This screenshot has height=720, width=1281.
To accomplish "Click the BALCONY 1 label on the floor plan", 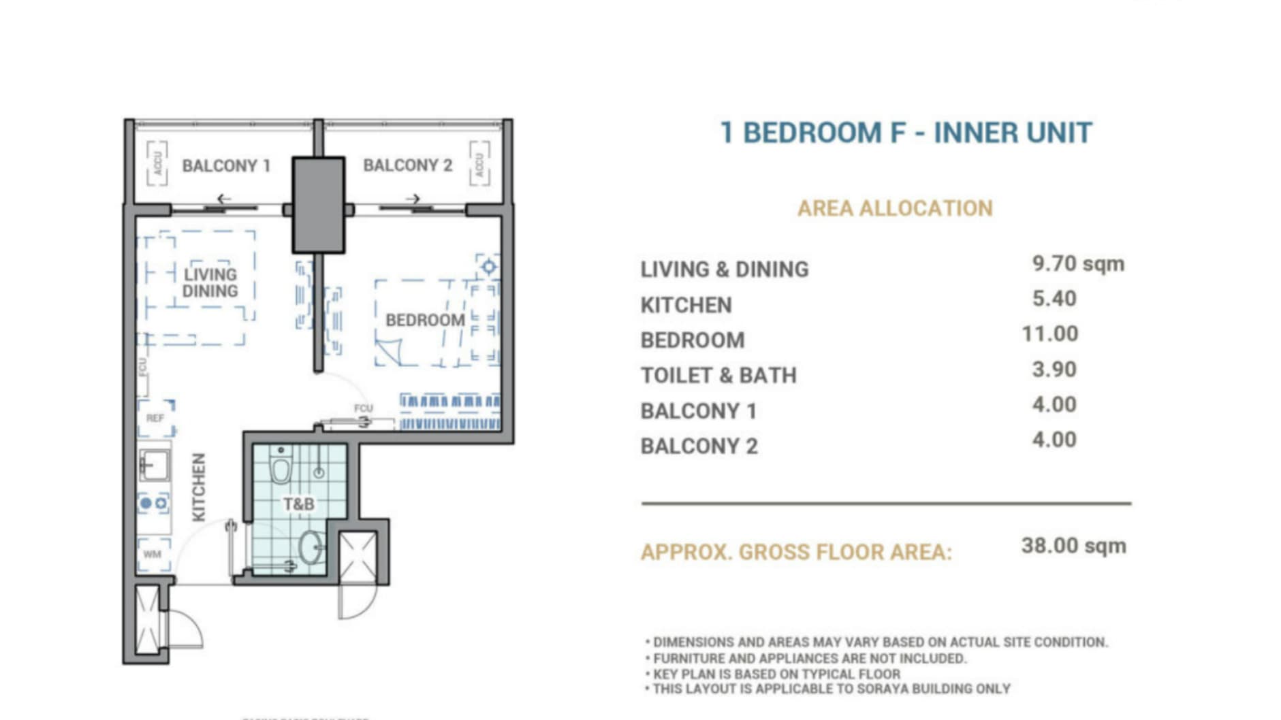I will coord(226,165).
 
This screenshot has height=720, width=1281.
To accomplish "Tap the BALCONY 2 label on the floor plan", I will coord(407,165).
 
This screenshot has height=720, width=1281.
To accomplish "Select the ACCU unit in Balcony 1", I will coord(157,163).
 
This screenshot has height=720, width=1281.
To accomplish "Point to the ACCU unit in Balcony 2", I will coord(479,163).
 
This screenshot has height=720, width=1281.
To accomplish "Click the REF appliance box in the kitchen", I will coord(156,418).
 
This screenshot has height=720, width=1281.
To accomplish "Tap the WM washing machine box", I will coord(153,554).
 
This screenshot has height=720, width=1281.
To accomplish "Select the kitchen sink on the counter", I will coord(154,465).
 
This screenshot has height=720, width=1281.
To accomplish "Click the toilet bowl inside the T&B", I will coord(281,468).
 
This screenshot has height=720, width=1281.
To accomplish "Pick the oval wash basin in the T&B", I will coord(311,546).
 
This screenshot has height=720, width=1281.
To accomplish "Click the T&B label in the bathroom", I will coord(298,504).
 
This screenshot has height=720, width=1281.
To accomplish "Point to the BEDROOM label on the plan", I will coord(425,320).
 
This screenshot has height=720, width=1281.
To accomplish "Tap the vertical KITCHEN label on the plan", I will coord(198,487).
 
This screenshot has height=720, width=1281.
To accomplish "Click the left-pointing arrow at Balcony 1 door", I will coord(224,199).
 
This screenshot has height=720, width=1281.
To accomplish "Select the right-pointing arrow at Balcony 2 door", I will coord(413,199).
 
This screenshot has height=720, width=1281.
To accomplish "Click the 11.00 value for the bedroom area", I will coord(1049,334).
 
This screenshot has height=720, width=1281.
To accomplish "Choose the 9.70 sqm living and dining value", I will coord(1077,263).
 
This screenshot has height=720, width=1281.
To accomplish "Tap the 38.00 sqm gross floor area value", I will coord(1073,546).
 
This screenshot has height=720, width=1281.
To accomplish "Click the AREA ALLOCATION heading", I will coord(895,208).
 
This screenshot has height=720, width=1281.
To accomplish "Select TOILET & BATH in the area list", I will coord(718,376).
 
